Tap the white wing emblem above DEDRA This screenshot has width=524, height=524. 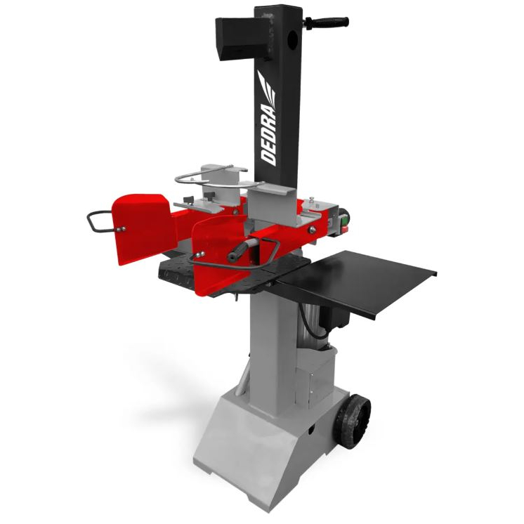pos(266,86)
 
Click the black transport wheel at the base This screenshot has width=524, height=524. pos(354,421)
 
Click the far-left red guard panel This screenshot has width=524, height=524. pos(143,228)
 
